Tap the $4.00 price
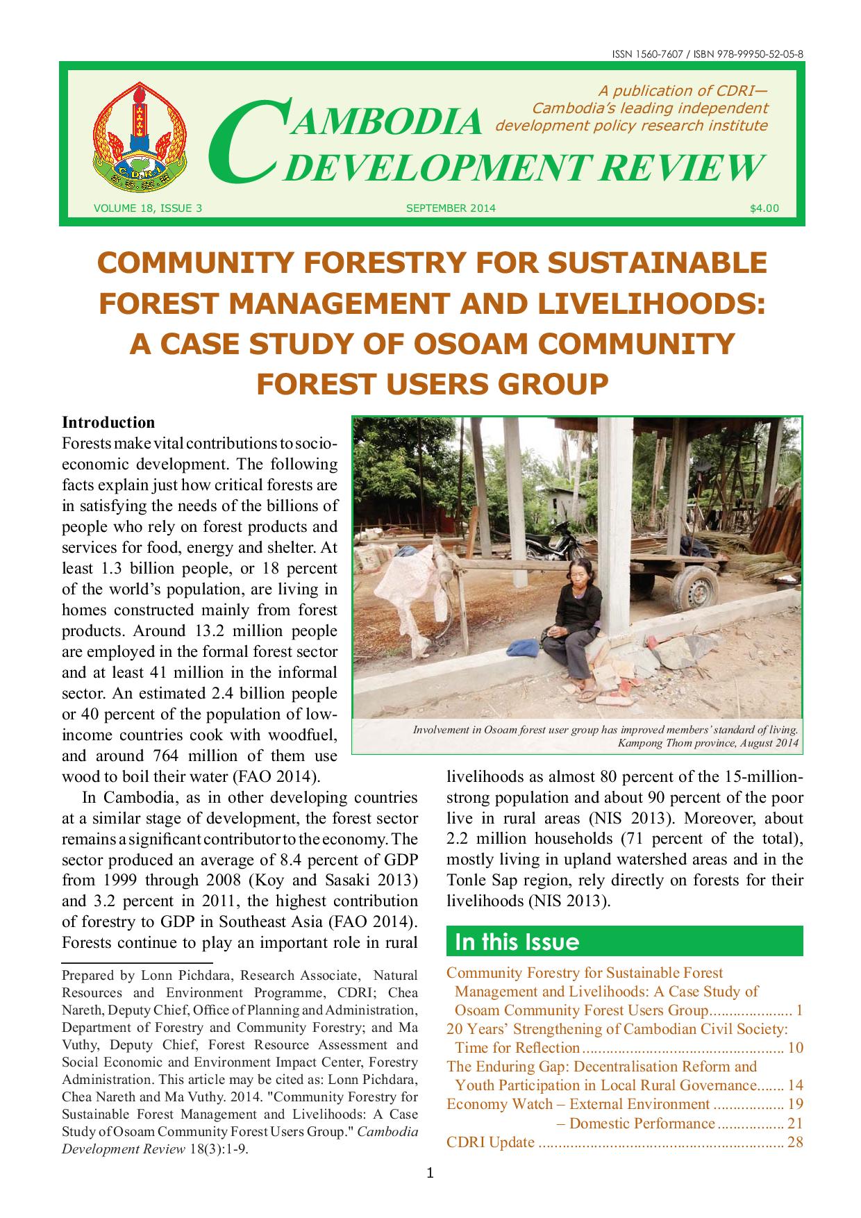point(764,208)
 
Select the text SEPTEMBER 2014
point(451,208)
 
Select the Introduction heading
point(108,422)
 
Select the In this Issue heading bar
point(624,942)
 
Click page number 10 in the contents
point(795,1048)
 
